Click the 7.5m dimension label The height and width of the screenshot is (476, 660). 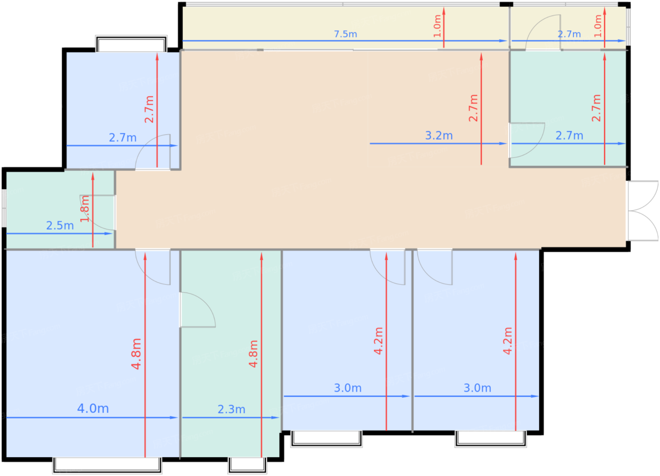(345, 34)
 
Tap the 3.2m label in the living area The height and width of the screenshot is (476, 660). (439, 136)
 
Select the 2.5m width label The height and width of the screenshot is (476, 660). (60, 225)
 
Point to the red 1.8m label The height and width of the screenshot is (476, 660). (85, 209)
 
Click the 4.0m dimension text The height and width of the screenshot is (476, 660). (93, 409)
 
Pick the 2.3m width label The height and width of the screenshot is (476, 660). (231, 409)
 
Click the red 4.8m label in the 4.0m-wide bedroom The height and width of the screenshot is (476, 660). (136, 354)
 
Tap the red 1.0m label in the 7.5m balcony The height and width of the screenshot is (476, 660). (437, 26)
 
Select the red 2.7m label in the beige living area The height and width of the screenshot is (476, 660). (473, 108)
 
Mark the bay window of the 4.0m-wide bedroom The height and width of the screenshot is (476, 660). (107, 466)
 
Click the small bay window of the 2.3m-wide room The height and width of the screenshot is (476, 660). (247, 465)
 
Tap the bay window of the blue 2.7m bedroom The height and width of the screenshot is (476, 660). (132, 44)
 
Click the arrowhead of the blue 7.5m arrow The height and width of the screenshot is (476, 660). (503, 41)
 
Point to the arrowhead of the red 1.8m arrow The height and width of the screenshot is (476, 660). (93, 176)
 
